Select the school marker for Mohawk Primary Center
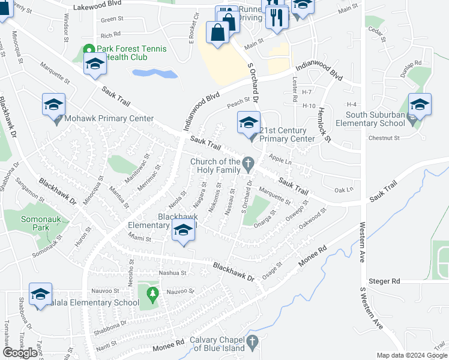[x=53, y=106]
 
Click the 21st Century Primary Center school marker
[x=249, y=123]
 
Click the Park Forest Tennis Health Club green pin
[x=89, y=50]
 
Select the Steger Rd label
[x=387, y=281]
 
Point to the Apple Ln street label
[x=280, y=158]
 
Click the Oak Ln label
[x=343, y=190]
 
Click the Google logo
[x=20, y=353]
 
